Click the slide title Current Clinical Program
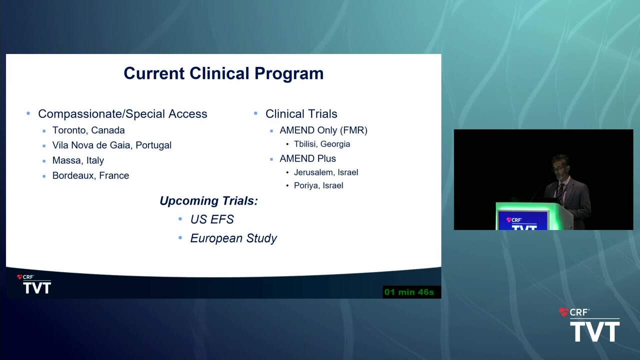click(x=223, y=73)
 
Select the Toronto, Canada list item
click(x=88, y=130)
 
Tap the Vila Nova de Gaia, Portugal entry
click(x=111, y=145)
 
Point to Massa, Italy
click(x=78, y=160)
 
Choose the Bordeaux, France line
click(x=90, y=175)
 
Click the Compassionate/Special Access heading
click(x=122, y=113)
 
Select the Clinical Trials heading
click(x=301, y=113)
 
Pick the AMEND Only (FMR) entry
click(x=323, y=130)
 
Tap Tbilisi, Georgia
click(x=322, y=144)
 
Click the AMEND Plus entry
click(x=307, y=158)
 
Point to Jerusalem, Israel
click(x=326, y=172)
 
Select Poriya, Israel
click(x=318, y=185)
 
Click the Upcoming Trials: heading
click(x=208, y=201)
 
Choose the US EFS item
click(x=212, y=219)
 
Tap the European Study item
click(x=233, y=238)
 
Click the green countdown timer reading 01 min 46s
click(x=409, y=292)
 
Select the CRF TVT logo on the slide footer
click(x=34, y=284)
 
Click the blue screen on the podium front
click(x=522, y=220)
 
